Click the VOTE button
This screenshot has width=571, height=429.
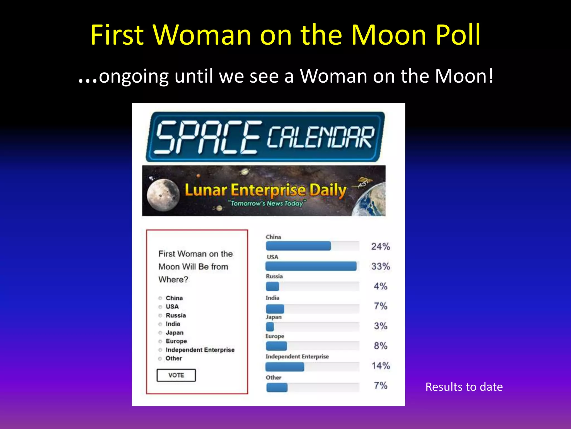[176, 375]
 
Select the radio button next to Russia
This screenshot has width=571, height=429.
[160, 315]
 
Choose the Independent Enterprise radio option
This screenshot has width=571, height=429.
[160, 350]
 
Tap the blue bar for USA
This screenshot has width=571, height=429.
[311, 266]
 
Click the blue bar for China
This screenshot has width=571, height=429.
[298, 246]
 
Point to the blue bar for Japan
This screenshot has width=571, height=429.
[270, 326]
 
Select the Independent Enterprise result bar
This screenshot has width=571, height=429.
[285, 367]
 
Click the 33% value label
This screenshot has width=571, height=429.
[381, 266]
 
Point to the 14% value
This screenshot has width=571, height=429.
[381, 366]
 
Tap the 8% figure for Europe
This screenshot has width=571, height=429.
[381, 346]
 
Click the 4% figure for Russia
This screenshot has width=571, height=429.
[381, 286]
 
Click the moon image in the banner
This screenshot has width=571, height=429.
[163, 195]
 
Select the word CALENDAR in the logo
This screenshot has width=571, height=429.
[321, 137]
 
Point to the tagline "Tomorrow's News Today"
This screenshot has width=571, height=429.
[267, 203]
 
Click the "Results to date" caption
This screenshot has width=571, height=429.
[464, 387]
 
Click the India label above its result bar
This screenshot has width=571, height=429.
[272, 298]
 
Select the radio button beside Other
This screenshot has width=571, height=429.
[160, 359]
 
